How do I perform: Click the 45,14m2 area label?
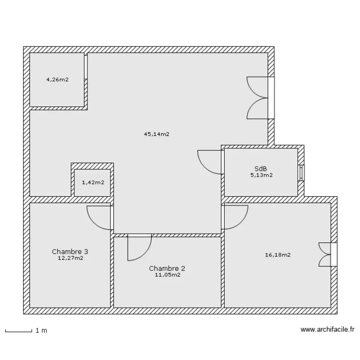(x=156, y=134)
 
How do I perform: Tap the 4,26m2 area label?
(x=57, y=80)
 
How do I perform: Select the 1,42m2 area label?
(x=93, y=182)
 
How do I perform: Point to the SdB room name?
(x=261, y=169)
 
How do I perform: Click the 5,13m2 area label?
(x=261, y=175)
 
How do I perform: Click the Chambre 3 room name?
(x=70, y=252)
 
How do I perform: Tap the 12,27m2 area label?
(x=70, y=258)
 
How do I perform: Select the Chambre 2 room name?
(x=167, y=268)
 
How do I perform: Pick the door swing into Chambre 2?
(x=138, y=247)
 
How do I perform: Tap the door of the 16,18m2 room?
(x=234, y=217)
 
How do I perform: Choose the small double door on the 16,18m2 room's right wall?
(x=326, y=254)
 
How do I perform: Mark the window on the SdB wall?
(x=301, y=173)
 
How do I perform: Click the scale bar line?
(x=18, y=331)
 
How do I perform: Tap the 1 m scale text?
(x=41, y=331)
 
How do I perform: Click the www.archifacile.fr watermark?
(x=327, y=330)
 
